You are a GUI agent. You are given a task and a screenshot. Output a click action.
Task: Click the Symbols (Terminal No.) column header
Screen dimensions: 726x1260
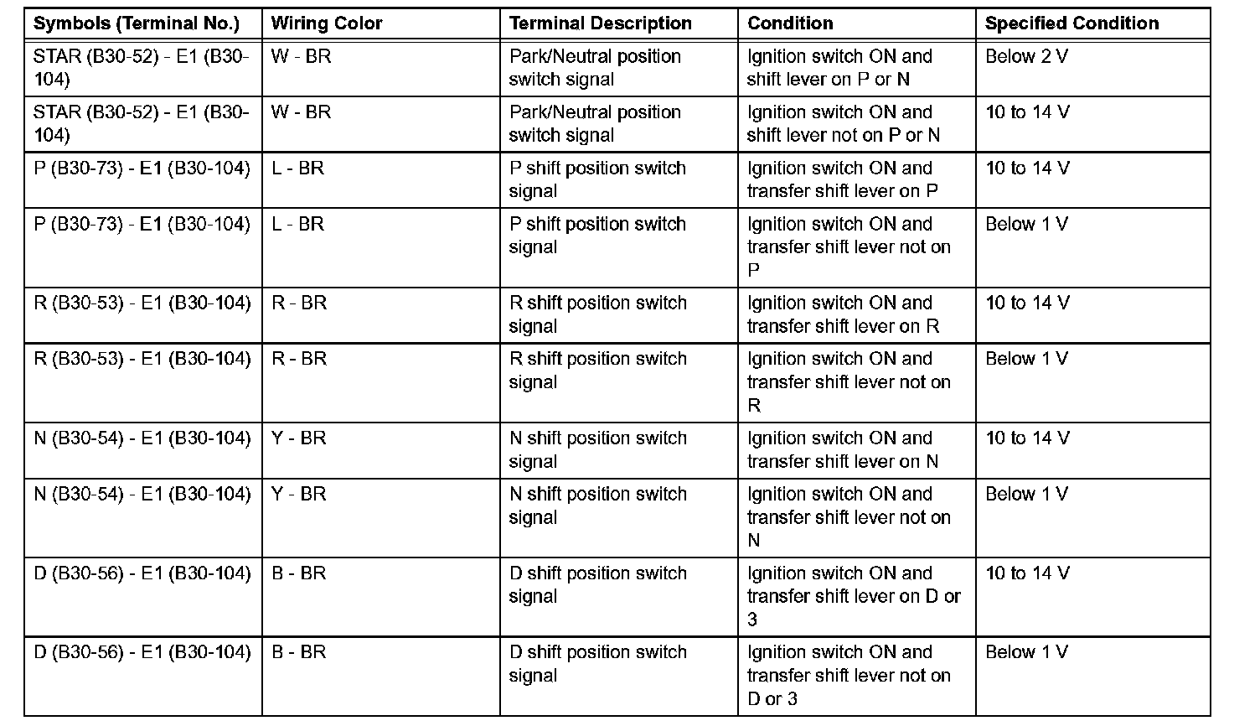(137, 23)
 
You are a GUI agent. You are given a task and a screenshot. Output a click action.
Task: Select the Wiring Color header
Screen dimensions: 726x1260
(327, 23)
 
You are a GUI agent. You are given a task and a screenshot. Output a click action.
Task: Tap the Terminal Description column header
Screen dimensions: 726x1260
(601, 23)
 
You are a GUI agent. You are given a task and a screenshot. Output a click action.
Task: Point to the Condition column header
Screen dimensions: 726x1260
(790, 23)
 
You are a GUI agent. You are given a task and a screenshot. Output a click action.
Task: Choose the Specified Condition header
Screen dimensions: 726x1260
(1072, 23)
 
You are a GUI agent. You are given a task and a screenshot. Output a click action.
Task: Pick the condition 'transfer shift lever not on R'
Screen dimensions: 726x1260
(849, 382)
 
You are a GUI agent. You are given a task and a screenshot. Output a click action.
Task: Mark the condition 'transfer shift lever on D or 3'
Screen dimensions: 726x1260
(853, 596)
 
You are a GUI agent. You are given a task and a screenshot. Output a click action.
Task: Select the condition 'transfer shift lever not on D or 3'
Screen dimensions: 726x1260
(849, 675)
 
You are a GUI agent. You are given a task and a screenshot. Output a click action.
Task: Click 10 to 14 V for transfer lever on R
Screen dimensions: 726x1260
(1027, 303)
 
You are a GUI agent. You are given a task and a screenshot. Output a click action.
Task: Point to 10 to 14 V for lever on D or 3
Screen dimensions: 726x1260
(1027, 574)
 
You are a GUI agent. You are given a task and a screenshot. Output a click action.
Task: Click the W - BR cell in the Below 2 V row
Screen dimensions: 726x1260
(301, 57)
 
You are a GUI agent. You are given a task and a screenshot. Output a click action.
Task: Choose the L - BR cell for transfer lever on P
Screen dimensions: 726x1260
(297, 169)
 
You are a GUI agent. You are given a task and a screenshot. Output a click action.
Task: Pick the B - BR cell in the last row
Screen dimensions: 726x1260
(298, 653)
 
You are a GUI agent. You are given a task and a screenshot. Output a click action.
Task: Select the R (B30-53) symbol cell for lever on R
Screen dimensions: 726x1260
(142, 303)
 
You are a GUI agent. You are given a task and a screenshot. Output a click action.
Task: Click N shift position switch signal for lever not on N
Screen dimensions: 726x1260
(597, 506)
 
